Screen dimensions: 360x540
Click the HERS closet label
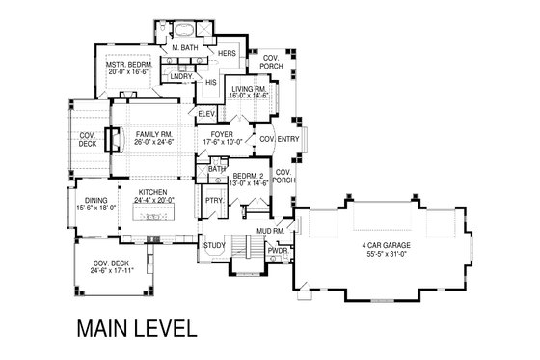click(x=228, y=54)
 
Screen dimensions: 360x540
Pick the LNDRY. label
click(x=180, y=76)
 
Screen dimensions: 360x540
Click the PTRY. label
click(x=213, y=200)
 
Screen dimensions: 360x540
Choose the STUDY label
click(x=215, y=246)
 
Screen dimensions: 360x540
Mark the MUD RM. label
click(x=268, y=232)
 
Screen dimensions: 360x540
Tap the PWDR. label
click(x=280, y=249)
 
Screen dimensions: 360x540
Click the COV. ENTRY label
click(x=278, y=139)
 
